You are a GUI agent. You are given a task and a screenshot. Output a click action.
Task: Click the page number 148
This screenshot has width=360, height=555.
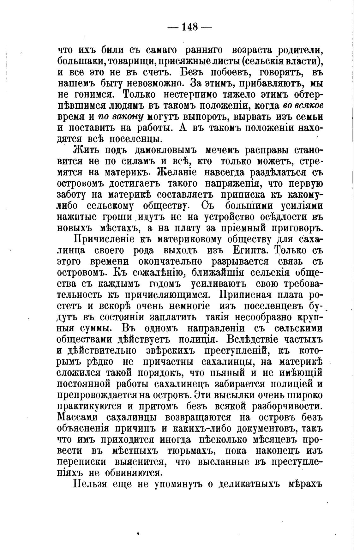[x=189, y=27]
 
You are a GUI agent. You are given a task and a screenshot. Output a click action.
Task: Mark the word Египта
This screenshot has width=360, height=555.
[x=252, y=250]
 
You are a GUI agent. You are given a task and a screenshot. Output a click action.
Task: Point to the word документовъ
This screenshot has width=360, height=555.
[x=267, y=428]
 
